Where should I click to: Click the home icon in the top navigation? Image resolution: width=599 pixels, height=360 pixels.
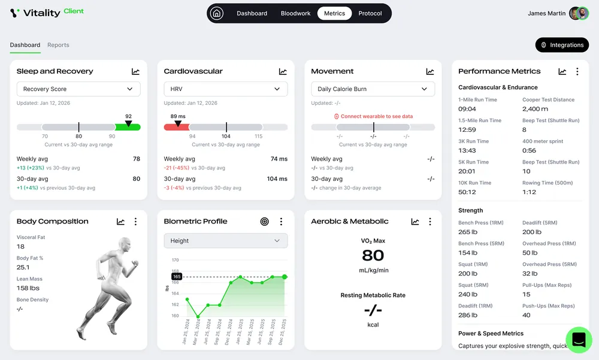pyautogui.click(x=217, y=13)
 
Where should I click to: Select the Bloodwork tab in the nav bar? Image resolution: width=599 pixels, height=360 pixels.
pyautogui.click(x=295, y=13)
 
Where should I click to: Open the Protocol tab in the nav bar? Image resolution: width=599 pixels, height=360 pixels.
pyautogui.click(x=370, y=13)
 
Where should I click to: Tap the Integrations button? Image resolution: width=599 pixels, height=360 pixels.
pyautogui.click(x=562, y=45)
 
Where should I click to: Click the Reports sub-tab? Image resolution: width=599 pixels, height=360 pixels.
pyautogui.click(x=58, y=45)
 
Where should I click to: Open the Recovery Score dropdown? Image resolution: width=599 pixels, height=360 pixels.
pyautogui.click(x=78, y=89)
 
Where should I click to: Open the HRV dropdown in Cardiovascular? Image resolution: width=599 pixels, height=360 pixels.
pyautogui.click(x=225, y=89)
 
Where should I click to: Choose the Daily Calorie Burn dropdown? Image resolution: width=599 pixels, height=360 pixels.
pyautogui.click(x=373, y=89)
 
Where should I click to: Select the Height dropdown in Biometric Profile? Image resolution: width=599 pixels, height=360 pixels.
pyautogui.click(x=225, y=241)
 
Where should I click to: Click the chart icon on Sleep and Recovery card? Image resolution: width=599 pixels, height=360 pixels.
pyautogui.click(x=135, y=71)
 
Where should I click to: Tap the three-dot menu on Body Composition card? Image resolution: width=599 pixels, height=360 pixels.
pyautogui.click(x=135, y=222)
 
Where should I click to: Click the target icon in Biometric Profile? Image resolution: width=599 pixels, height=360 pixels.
pyautogui.click(x=264, y=222)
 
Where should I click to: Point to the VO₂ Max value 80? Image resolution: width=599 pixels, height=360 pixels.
pyautogui.click(x=373, y=255)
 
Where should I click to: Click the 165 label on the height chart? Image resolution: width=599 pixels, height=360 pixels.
pyautogui.click(x=177, y=277)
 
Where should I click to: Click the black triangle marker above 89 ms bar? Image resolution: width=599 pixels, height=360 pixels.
pyautogui.click(x=178, y=123)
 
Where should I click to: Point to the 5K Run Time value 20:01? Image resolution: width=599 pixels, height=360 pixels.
pyautogui.click(x=467, y=171)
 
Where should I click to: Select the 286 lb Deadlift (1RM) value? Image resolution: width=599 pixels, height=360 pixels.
pyautogui.click(x=468, y=315)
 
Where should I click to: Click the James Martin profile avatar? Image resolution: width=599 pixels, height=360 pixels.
pyautogui.click(x=579, y=13)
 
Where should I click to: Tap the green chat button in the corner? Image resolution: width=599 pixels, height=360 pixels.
pyautogui.click(x=579, y=340)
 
